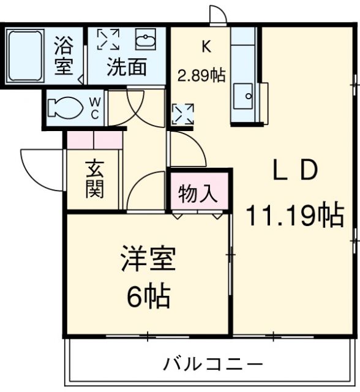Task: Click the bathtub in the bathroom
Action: (x=25, y=56)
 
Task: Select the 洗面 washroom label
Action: (x=127, y=66)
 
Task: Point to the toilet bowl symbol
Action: (x=64, y=107)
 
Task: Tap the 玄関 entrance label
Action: (x=94, y=179)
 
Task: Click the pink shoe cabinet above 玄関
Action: (x=94, y=141)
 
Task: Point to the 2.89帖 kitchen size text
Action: (x=201, y=75)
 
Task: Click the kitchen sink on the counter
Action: (x=247, y=96)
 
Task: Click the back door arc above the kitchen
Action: (x=217, y=15)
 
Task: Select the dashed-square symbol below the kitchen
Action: (x=183, y=114)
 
